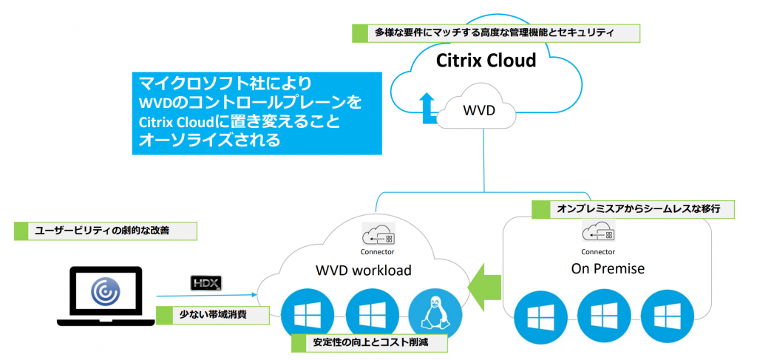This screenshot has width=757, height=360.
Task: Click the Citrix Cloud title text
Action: point(486,60)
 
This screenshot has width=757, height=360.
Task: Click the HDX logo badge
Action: point(206,282)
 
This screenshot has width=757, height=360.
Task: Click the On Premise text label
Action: point(608,268)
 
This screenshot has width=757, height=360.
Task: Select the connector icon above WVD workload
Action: point(377,235)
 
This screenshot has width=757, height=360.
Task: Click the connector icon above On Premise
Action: point(602,233)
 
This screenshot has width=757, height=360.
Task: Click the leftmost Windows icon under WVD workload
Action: point(303,313)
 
